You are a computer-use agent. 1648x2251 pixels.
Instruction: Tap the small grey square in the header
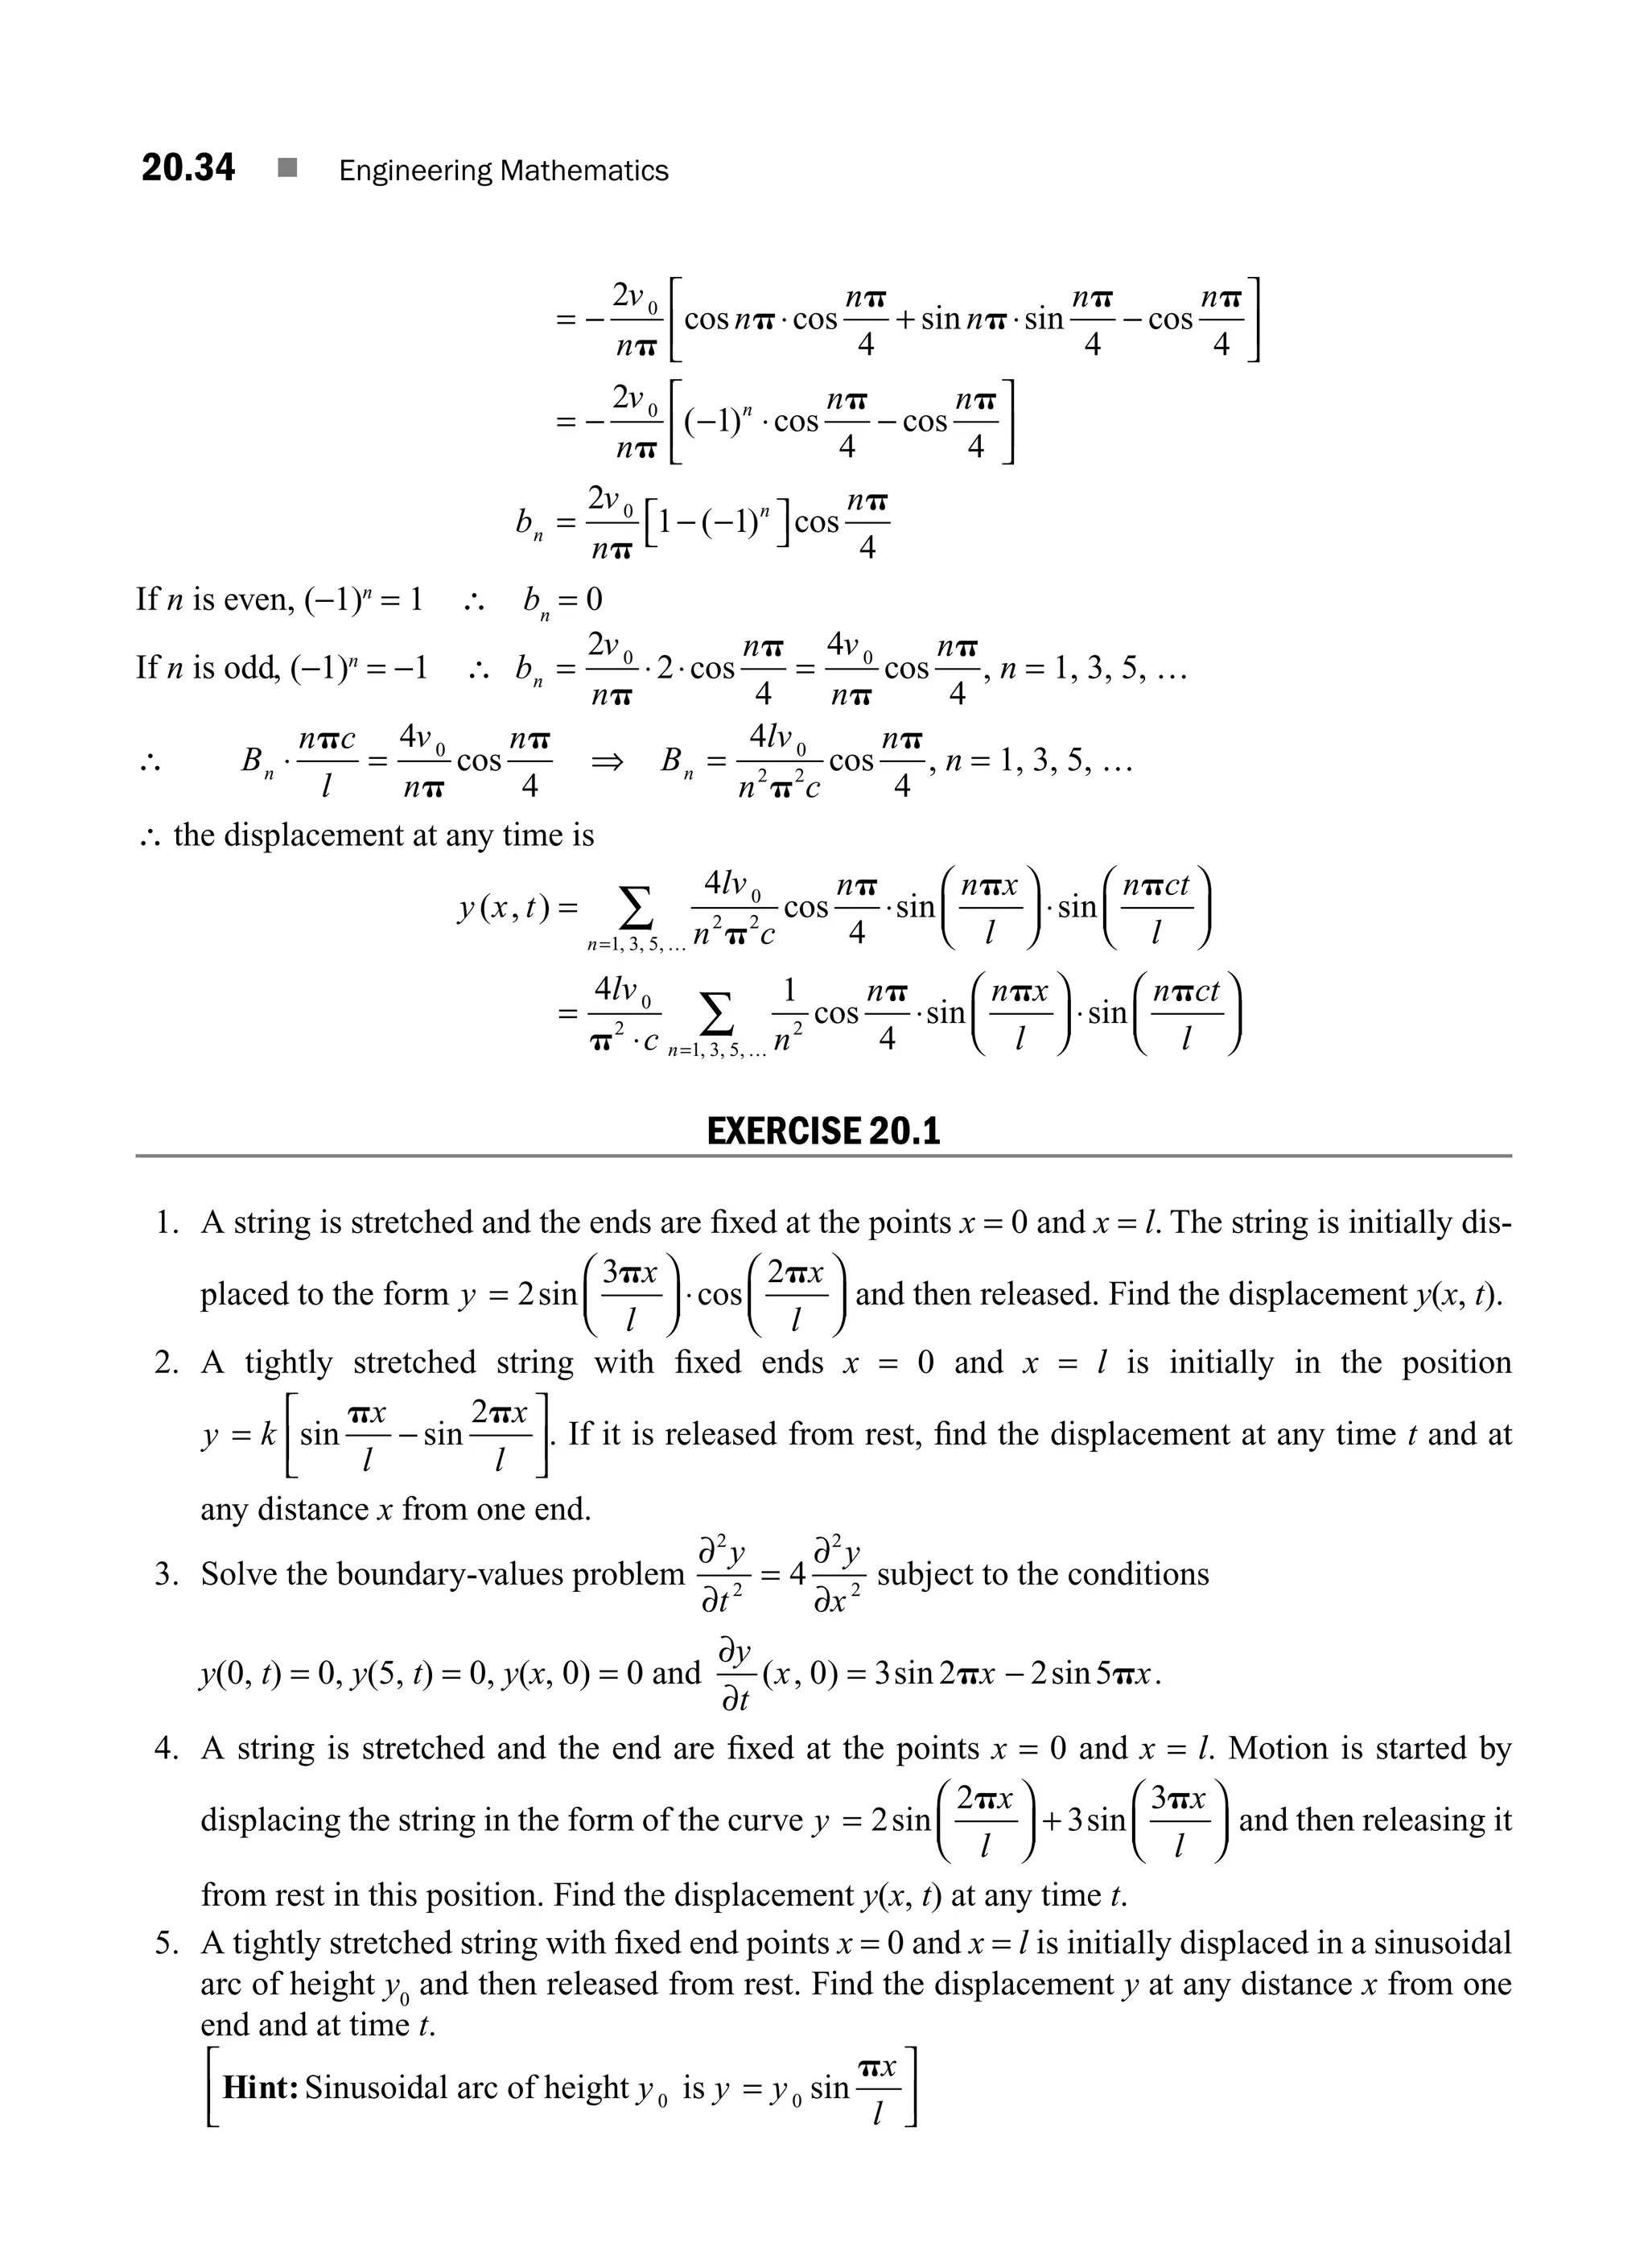click(288, 169)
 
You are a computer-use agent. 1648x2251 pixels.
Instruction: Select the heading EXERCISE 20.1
click(823, 1132)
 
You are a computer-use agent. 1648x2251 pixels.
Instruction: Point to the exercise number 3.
click(166, 1573)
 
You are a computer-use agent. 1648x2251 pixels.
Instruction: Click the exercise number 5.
click(166, 1943)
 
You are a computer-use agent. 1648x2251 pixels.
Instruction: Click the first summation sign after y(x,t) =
click(637, 908)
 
